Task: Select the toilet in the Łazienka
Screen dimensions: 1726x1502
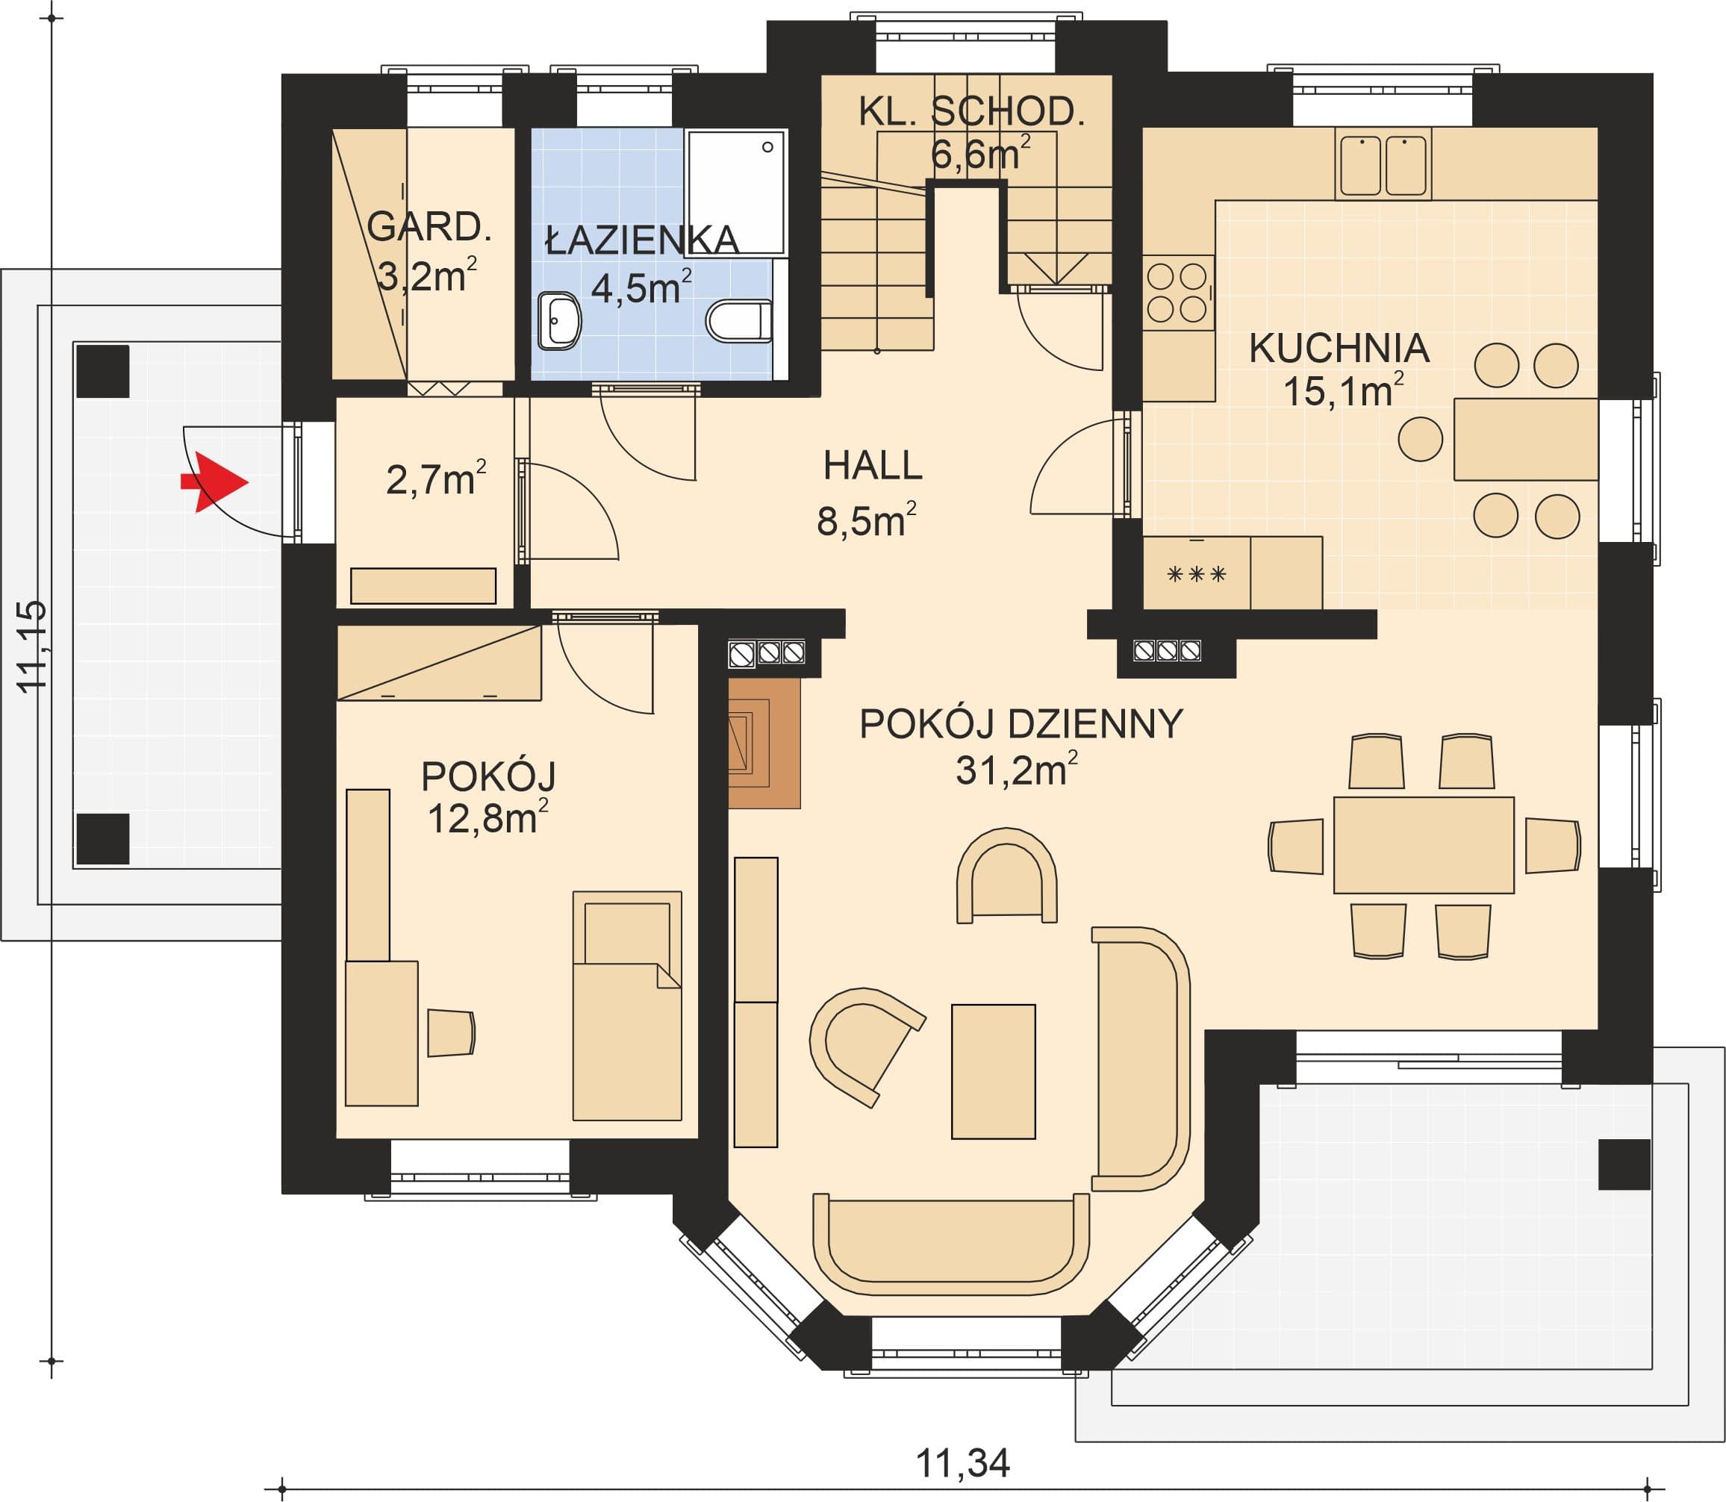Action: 738,321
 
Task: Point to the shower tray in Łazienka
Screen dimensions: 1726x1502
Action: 736,192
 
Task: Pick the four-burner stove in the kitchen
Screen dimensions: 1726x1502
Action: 1177,293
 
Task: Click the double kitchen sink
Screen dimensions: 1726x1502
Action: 1383,164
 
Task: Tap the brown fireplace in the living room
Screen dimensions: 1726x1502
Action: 764,743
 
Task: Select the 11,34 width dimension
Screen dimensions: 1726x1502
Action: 962,1463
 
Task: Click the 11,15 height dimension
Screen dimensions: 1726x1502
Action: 33,646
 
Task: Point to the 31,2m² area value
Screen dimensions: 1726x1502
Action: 1016,770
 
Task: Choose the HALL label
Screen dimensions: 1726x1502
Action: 873,465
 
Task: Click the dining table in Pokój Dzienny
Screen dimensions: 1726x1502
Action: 1424,845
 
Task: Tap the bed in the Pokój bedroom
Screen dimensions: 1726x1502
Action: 627,1006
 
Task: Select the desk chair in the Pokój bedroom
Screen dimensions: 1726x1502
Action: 451,1032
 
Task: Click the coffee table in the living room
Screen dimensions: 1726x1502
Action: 994,1071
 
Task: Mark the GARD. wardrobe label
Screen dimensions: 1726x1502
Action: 429,227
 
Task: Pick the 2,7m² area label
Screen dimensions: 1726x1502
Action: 436,479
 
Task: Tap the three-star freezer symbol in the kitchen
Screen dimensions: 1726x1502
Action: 1196,574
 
